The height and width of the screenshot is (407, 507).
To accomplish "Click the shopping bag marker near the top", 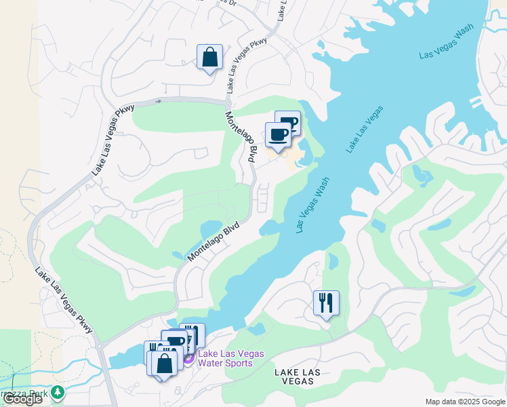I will pos(209,57).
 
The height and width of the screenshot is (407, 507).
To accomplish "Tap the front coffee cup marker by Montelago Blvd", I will pos(278,134).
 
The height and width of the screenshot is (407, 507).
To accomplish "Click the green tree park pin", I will pos(58,392).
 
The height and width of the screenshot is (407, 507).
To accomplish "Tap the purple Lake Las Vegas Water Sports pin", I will pos(188,357).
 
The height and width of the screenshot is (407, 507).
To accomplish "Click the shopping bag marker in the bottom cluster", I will pos(164,362).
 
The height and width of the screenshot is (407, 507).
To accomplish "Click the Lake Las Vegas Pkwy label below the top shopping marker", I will pos(247,65).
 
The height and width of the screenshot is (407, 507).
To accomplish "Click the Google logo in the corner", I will pos(22,400).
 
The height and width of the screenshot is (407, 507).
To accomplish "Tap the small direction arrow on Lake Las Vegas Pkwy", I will pos(158,101).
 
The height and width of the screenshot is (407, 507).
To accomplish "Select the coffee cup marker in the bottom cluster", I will pos(175,342).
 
